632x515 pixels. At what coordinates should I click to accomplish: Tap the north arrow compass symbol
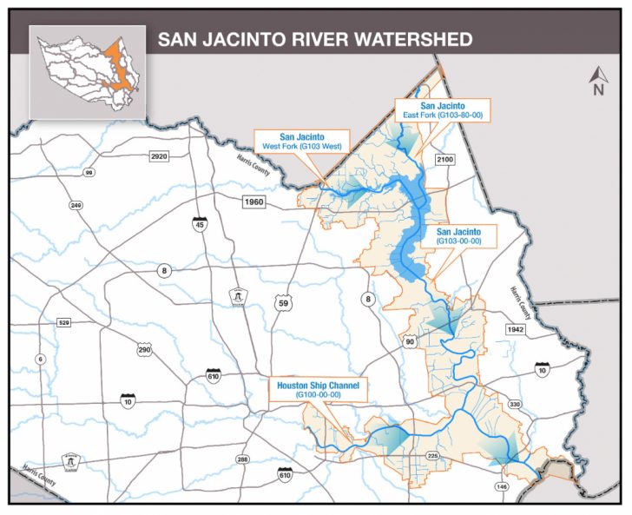596,80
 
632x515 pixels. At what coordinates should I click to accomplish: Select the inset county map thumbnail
87,71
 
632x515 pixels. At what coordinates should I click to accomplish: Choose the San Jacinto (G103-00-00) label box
458,237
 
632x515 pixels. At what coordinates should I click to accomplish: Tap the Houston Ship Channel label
317,389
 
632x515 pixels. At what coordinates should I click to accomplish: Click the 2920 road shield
158,157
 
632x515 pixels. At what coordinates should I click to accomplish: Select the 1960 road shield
253,201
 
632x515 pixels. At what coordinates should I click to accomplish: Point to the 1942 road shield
518,330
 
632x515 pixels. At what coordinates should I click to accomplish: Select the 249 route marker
76,205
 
